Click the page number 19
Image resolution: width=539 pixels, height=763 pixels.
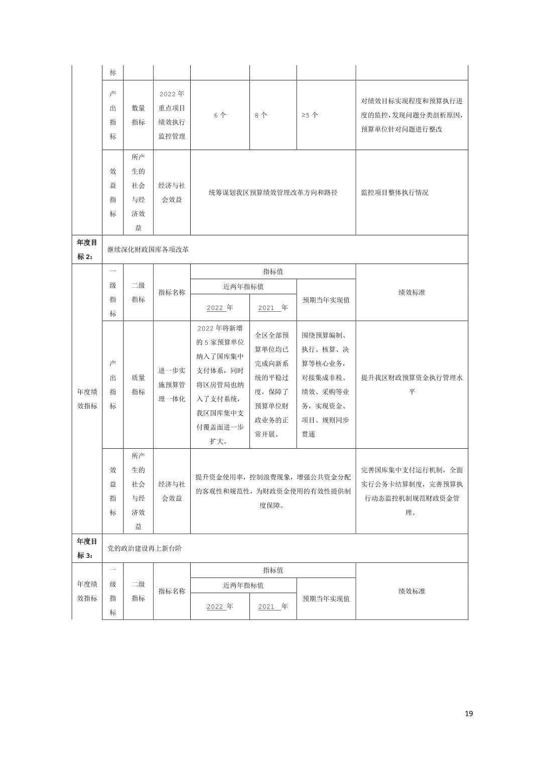[469, 713]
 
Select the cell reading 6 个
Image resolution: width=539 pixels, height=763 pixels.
[220, 115]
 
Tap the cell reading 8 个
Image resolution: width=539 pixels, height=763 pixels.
[261, 115]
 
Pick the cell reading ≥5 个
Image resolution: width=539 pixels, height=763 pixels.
[310, 115]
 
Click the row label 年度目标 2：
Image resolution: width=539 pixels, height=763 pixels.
[86, 249]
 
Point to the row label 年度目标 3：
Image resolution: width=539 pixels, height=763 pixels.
[86, 548]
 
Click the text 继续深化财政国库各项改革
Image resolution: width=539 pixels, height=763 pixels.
[148, 249]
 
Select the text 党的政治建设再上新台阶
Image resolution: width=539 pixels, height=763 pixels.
[145, 548]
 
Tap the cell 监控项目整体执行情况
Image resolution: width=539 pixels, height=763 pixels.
[394, 192]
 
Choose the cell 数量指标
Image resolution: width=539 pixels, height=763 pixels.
[138, 115]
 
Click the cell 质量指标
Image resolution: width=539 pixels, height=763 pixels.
[138, 385]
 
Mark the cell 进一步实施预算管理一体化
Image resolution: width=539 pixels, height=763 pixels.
[172, 385]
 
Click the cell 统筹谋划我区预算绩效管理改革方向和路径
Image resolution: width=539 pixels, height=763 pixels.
[273, 192]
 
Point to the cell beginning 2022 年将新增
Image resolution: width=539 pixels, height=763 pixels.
[220, 385]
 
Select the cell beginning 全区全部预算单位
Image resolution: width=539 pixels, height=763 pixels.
[272, 385]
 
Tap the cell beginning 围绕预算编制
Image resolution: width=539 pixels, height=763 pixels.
[325, 385]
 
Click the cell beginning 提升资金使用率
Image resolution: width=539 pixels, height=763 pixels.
[273, 491]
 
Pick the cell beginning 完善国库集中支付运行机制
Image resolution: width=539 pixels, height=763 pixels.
[412, 491]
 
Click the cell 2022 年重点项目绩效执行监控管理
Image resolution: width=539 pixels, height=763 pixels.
[172, 115]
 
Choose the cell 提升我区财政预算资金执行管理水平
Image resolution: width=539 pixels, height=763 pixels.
[412, 385]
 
